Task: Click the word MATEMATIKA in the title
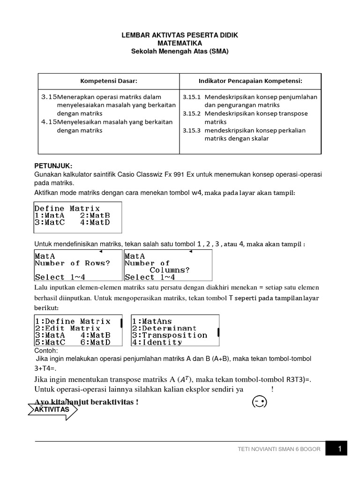[180, 43]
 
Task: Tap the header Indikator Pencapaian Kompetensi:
[250, 81]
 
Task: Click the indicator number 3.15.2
[191, 113]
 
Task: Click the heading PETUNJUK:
[53, 166]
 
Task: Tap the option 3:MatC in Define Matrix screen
[50, 223]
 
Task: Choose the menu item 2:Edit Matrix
[67, 328]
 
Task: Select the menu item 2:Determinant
[164, 328]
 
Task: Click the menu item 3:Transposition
[169, 335]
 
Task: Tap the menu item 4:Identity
[157, 342]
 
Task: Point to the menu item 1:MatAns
[152, 321]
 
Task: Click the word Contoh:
[46, 351]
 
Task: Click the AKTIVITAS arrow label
[51, 410]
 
